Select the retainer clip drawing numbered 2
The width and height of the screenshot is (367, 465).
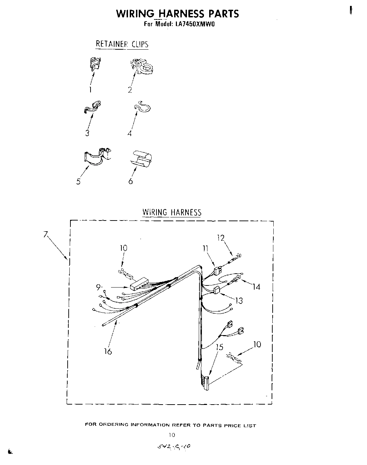coord(142,66)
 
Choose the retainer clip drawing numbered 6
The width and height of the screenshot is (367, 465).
coord(142,158)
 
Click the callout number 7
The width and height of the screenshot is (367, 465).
coord(45,234)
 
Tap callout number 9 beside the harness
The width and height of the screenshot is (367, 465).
coord(99,287)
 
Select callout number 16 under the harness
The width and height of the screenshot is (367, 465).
coord(108,351)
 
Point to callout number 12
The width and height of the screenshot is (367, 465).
coord(221,238)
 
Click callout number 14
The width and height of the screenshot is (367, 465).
coord(256,287)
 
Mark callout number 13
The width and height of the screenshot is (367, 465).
coord(239,301)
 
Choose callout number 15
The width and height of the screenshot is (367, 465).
coord(219,347)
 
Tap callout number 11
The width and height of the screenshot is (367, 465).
coord(206,248)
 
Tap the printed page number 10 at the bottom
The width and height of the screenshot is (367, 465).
coord(172,434)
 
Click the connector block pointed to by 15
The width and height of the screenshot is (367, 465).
coord(205,383)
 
